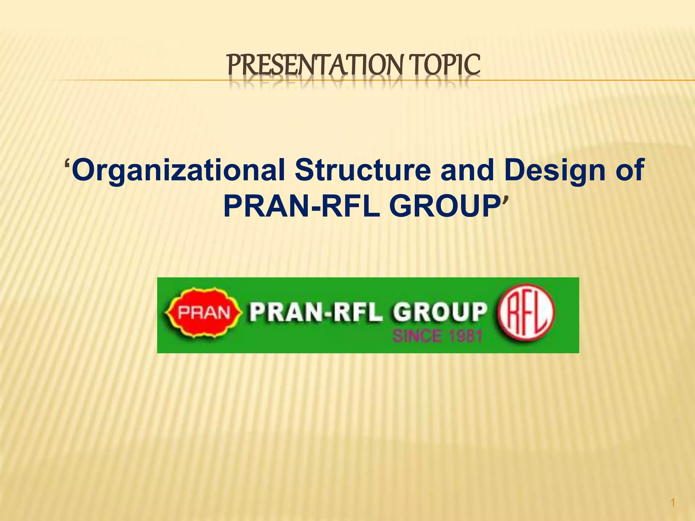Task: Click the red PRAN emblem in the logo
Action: point(204,312)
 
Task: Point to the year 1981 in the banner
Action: point(466,336)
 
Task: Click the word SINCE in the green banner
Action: point(417,336)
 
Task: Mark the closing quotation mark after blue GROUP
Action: point(505,199)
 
